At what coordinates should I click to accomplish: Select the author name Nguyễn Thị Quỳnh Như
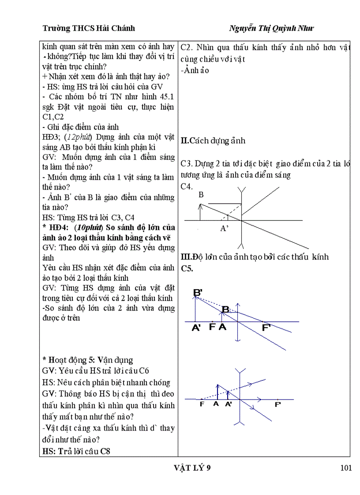coord(271,28)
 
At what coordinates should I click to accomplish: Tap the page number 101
coord(346,468)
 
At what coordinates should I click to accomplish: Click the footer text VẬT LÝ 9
coord(193,468)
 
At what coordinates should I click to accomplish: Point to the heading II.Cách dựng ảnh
coord(213,141)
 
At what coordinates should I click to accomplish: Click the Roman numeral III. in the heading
coord(185,257)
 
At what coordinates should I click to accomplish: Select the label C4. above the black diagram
coord(187,186)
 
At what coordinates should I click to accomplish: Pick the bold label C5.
coord(187,268)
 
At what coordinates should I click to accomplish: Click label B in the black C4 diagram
coord(201,194)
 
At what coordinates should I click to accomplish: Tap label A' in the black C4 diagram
coord(225,228)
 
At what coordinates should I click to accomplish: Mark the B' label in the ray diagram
coord(198,292)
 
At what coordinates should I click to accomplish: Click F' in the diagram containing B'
coord(266,328)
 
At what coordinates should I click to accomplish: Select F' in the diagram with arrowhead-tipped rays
coord(278,404)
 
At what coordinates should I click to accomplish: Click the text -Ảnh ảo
coord(195,70)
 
